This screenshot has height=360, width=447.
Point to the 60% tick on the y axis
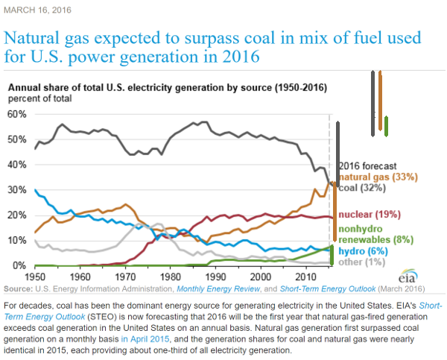[x=16, y=114]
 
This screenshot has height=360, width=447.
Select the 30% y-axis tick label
[x=16, y=190]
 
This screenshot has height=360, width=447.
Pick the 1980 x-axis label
[x=171, y=277]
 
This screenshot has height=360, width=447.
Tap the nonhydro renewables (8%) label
[x=370, y=234]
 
